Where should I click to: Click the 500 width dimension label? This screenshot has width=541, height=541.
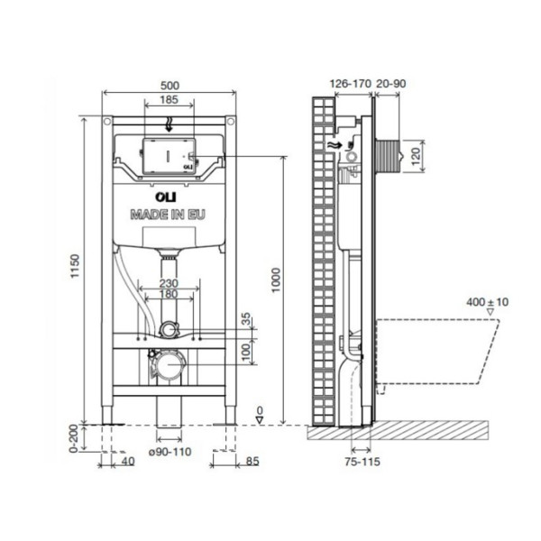(170, 86)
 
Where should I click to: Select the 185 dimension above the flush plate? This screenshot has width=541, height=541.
(170, 100)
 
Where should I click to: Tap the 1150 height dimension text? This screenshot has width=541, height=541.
(75, 266)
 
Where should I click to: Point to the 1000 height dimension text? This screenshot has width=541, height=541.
(276, 280)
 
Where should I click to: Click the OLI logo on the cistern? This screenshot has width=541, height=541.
(166, 197)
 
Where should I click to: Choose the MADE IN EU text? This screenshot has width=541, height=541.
(168, 215)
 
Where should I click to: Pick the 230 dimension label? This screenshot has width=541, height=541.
(169, 283)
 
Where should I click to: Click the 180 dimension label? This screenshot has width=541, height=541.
(169, 294)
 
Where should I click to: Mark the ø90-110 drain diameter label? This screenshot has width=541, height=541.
(170, 452)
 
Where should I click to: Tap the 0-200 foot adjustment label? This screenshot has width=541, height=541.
(74, 438)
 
